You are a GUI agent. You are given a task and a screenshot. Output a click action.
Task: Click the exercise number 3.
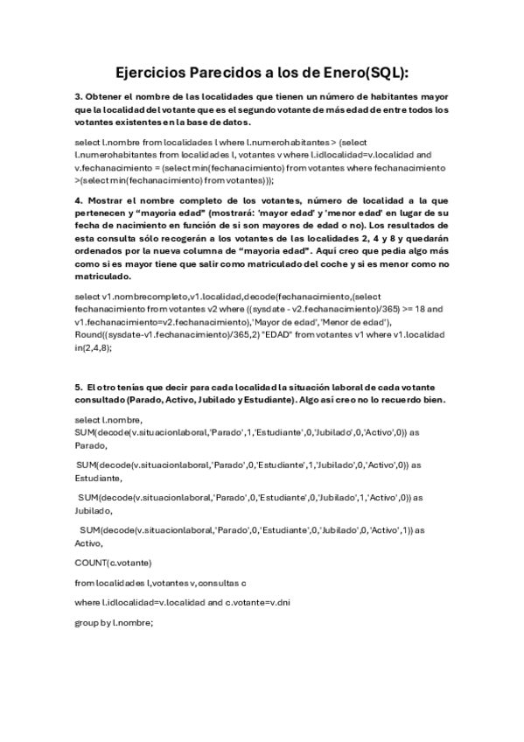click(78, 95)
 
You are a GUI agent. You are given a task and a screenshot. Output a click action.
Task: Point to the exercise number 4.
click(78, 200)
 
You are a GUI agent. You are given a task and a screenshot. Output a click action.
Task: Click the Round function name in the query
click(91, 336)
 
